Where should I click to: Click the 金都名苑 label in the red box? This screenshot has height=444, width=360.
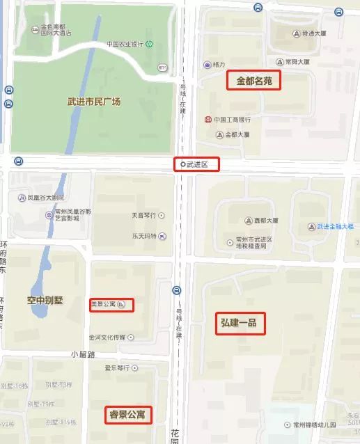click(254, 81)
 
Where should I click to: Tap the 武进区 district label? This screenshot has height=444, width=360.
click(197, 164)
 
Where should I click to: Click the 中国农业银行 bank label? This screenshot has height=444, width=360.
click(125, 44)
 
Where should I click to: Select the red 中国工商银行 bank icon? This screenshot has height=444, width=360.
click(208, 119)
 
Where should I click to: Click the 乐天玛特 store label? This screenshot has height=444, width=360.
click(144, 236)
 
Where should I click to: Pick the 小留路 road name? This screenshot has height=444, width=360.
click(82, 354)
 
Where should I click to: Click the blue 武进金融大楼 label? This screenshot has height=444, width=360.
click(335, 226)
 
